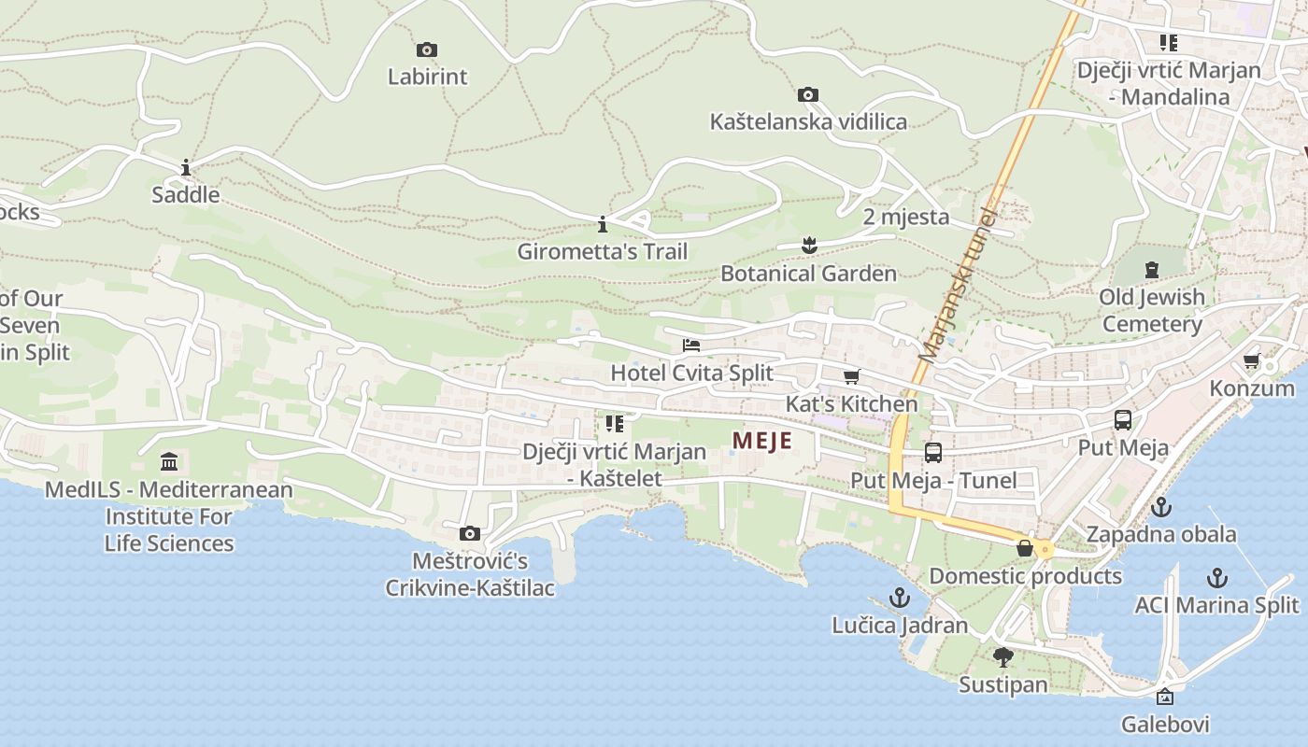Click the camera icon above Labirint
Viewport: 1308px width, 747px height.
427,49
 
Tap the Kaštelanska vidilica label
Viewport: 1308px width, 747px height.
808,121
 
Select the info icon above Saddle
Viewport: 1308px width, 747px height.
186,168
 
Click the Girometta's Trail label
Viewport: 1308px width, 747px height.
603,251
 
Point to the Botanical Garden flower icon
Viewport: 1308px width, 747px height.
809,246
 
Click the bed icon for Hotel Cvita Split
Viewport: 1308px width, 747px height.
691,345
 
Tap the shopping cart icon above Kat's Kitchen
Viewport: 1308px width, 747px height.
851,377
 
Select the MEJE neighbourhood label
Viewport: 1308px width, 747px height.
761,441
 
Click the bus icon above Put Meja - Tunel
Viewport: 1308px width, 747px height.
933,453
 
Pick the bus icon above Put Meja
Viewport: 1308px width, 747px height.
1123,420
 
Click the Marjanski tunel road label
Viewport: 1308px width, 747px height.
959,285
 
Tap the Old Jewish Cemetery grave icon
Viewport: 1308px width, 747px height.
1152,270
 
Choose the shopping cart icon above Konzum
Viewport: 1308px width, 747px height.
1252,361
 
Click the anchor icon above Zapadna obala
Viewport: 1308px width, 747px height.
1161,507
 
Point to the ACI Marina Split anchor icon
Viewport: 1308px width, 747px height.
1216,577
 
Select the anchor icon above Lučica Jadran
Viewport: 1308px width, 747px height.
900,598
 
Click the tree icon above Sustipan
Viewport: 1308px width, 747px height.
1003,657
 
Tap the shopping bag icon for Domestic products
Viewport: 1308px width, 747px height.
1025,548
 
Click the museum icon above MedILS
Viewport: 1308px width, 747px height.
169,461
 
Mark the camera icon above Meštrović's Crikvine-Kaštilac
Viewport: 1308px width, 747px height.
470,534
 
